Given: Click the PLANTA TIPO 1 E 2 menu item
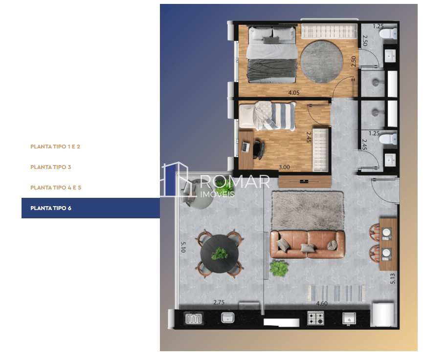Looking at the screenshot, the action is tap(55, 147).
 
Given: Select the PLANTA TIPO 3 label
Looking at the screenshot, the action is tap(50, 167).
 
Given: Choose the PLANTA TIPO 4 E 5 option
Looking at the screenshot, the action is tap(56, 188).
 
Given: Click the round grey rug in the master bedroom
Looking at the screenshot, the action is tap(321, 62).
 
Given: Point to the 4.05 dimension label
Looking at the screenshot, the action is tap(293, 93).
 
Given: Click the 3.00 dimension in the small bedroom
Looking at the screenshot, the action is tap(284, 167).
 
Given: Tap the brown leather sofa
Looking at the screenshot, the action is tap(307, 244).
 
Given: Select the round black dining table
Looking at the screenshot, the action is tap(219, 254).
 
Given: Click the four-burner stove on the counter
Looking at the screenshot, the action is tap(315, 318).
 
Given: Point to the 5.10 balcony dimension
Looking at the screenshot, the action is tap(183, 247).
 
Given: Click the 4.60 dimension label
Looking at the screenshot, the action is tap(322, 303).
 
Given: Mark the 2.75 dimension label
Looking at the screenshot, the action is tap(219, 302).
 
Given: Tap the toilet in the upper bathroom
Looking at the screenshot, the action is tap(388, 34).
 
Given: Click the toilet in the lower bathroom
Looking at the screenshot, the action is tap(388, 139).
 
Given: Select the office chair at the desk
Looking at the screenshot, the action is tap(259, 149).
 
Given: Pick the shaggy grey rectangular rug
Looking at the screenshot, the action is tap(308, 211).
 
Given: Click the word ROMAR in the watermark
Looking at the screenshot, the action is tap(235, 182).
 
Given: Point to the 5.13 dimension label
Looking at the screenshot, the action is tap(393, 279).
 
